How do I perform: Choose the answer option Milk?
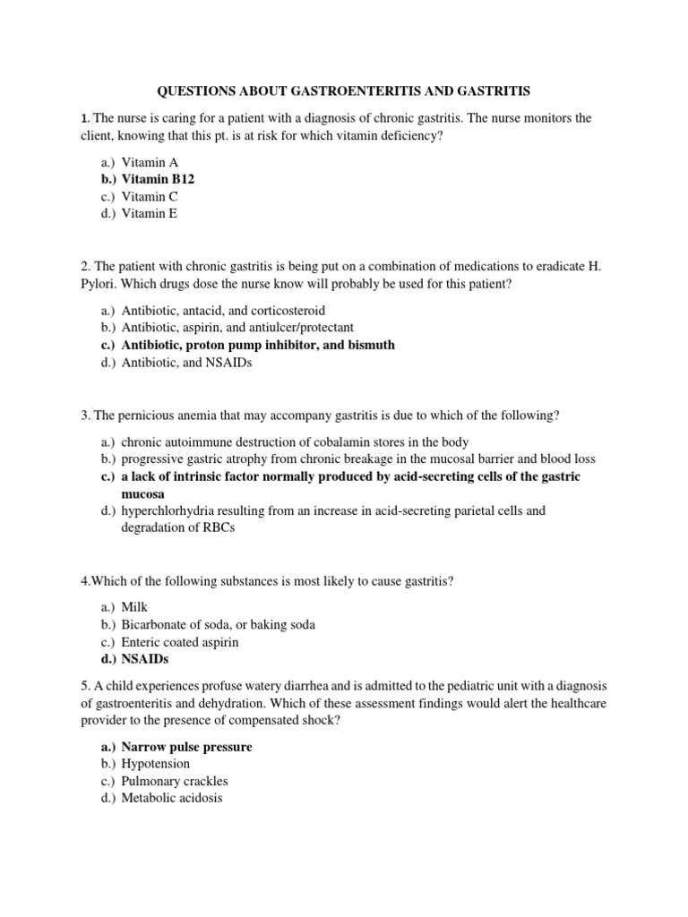pos(134,607)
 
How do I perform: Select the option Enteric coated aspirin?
pos(179,642)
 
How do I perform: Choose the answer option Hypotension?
pos(156,764)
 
